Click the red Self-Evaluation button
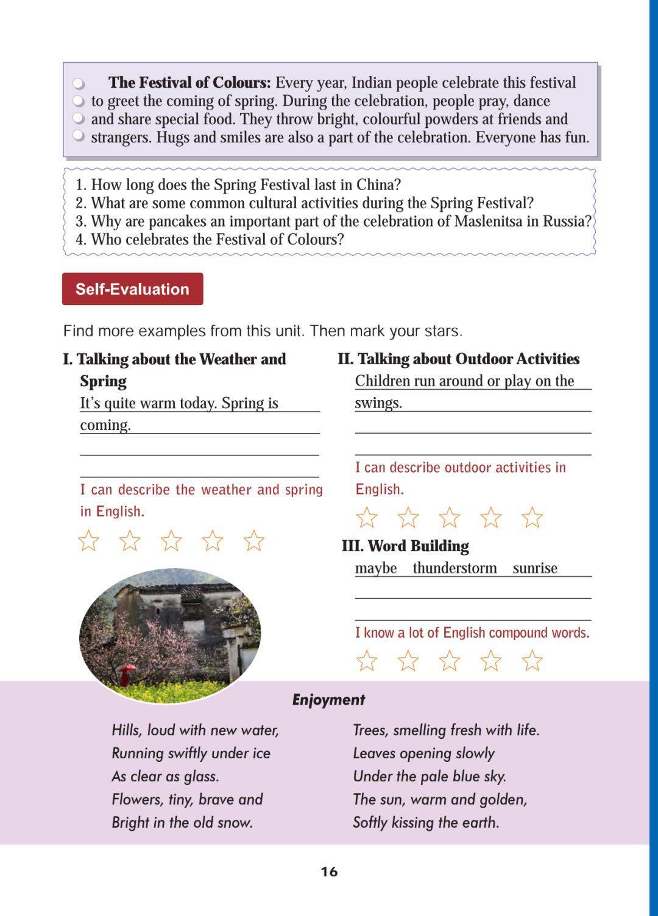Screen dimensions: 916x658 point(132,289)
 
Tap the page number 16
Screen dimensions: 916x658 point(329,872)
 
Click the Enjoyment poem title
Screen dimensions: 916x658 point(328,700)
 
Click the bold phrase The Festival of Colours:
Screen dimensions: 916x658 point(189,83)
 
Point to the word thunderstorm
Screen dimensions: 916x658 point(455,568)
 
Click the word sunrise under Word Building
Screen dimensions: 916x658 point(535,568)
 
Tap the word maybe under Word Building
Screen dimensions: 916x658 point(376,568)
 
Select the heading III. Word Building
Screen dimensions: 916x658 point(405,546)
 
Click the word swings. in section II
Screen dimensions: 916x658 point(378,403)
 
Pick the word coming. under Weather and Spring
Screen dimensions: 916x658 point(105,425)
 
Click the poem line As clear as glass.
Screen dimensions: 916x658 point(165,777)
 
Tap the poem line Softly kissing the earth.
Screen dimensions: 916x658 point(426,823)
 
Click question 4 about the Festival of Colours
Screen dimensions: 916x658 point(210,239)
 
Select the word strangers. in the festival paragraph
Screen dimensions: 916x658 point(121,138)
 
